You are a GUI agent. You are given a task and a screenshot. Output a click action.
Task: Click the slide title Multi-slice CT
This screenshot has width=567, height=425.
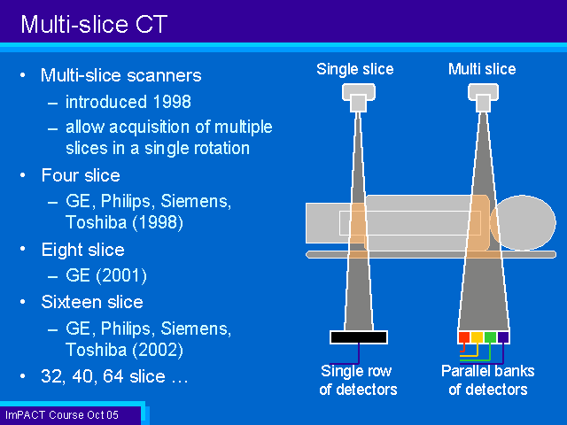pyautogui.click(x=94, y=24)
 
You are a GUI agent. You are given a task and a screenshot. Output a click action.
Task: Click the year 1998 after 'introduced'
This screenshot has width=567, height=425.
pyautogui.click(x=172, y=102)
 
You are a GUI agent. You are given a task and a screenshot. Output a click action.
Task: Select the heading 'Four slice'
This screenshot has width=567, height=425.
pyautogui.click(x=81, y=175)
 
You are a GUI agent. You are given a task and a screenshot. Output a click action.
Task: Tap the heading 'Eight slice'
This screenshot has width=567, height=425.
pyautogui.click(x=82, y=250)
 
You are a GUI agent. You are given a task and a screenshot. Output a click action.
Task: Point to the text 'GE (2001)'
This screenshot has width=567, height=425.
pyautogui.click(x=106, y=275)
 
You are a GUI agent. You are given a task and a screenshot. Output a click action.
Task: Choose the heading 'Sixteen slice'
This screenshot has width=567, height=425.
pyautogui.click(x=92, y=302)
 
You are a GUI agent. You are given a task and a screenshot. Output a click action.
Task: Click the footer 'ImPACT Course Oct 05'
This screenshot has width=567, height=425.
pyautogui.click(x=62, y=415)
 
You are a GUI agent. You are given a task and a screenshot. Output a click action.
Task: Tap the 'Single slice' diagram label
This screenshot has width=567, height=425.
pyautogui.click(x=355, y=69)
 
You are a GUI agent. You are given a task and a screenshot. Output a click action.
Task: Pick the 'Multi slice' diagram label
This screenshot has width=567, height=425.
pyautogui.click(x=482, y=69)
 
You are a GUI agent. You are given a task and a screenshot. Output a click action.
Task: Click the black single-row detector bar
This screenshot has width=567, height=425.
pyautogui.click(x=359, y=337)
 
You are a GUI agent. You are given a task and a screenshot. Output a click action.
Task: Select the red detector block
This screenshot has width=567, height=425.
pyautogui.click(x=464, y=337)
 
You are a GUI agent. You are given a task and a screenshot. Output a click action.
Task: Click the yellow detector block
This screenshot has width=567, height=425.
pyautogui.click(x=477, y=337)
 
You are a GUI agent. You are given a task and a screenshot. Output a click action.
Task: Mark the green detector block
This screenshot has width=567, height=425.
pyautogui.click(x=490, y=337)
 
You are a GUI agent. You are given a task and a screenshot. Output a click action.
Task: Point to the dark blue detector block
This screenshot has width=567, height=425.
pyautogui.click(x=503, y=337)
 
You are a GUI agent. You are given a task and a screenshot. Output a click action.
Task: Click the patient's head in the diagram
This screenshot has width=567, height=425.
pyautogui.click(x=523, y=222)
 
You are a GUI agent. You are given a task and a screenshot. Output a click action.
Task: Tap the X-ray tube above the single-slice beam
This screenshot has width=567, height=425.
pyautogui.click(x=359, y=97)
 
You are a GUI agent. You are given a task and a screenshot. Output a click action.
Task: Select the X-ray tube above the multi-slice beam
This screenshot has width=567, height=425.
pyautogui.click(x=483, y=97)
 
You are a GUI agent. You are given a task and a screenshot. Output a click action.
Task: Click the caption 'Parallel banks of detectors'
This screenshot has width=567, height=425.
pyautogui.click(x=488, y=380)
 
